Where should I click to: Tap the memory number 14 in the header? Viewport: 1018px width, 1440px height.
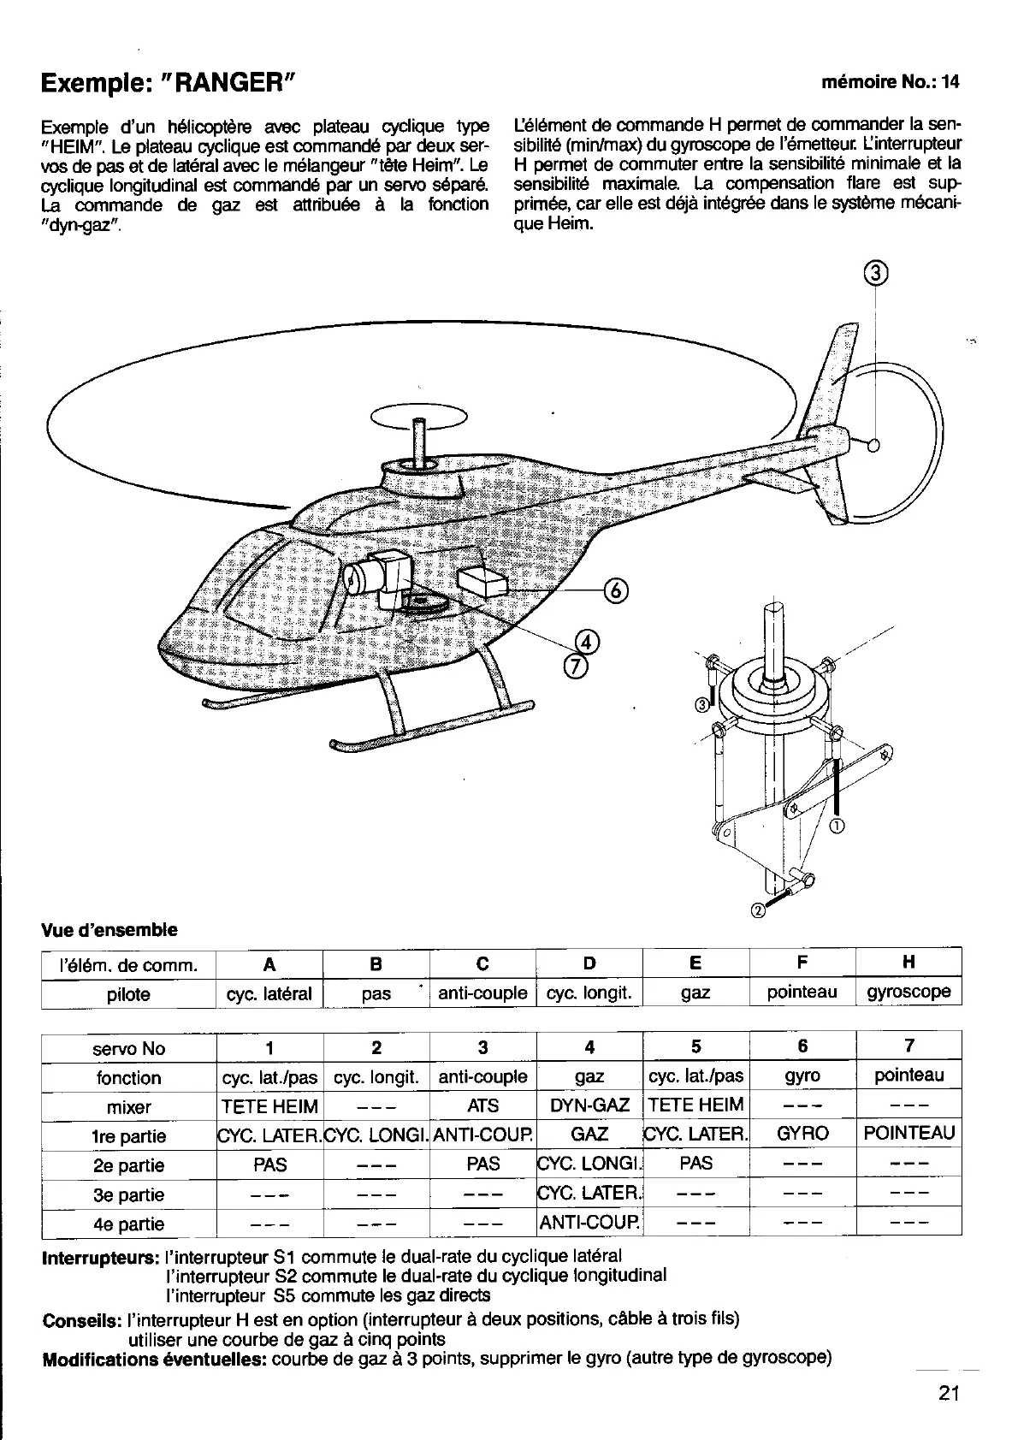(951, 83)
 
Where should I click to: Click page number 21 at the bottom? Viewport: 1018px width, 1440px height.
(949, 1393)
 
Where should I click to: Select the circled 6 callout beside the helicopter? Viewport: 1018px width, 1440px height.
(616, 590)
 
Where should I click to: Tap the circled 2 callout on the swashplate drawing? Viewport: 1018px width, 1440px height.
(757, 910)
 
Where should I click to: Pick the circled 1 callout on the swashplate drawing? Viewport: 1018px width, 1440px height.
(837, 825)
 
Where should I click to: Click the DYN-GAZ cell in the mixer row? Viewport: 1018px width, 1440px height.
(589, 1105)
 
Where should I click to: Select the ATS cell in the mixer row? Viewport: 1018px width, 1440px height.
(482, 1105)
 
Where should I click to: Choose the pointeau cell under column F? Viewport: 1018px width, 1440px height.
(802, 993)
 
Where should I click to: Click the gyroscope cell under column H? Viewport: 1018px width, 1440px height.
(909, 993)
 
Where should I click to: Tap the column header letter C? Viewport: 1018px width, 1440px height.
(482, 963)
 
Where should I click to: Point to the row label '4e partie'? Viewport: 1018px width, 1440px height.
(128, 1224)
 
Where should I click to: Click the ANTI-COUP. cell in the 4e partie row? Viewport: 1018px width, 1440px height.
(589, 1224)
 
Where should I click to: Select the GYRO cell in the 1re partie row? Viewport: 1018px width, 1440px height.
(802, 1135)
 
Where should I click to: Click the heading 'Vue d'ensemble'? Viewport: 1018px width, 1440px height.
(109, 929)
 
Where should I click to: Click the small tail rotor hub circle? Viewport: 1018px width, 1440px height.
(873, 445)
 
